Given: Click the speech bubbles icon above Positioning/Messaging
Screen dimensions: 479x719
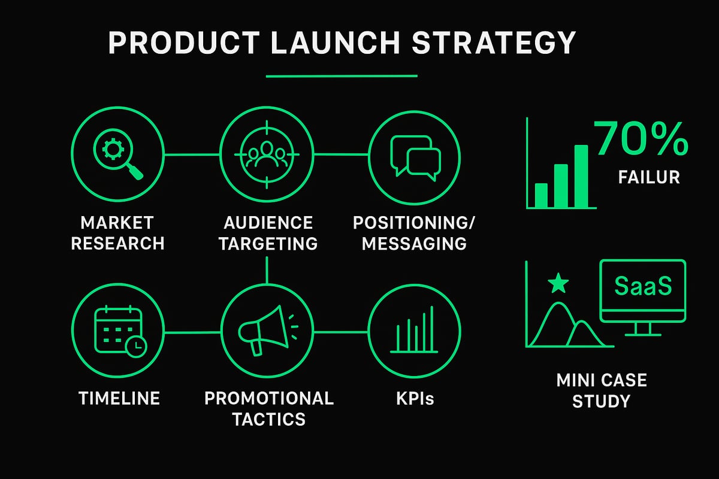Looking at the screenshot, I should (x=415, y=155).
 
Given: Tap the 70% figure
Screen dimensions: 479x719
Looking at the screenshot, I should (x=641, y=139).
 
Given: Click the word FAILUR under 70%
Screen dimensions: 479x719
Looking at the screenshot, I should (x=641, y=177).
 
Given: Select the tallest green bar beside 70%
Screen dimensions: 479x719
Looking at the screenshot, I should (x=581, y=175).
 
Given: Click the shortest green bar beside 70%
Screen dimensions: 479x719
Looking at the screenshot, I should (x=541, y=195).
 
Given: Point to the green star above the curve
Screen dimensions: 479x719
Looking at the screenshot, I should (x=558, y=284).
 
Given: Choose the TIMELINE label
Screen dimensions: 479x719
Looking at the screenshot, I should (x=119, y=398).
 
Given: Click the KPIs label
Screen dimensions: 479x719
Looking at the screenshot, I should (x=414, y=398).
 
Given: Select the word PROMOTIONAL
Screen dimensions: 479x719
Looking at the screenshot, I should (x=269, y=398).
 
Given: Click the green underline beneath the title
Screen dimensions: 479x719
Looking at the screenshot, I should (x=341, y=76).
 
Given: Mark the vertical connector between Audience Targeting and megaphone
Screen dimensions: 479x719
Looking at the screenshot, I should (x=267, y=271).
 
